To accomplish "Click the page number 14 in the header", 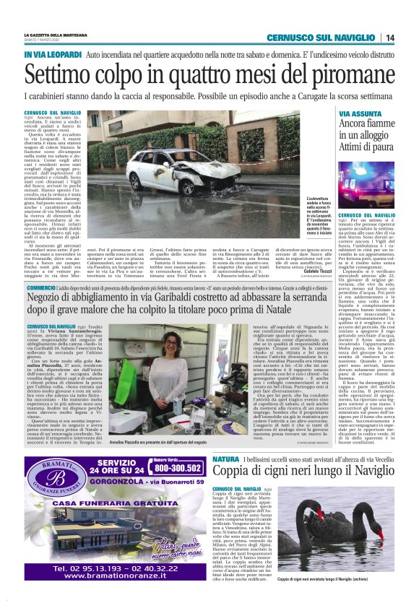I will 390,38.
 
